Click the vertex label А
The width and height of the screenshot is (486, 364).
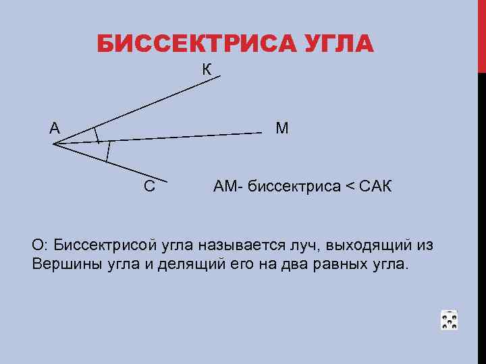click(54, 127)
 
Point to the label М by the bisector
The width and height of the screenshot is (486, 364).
click(281, 128)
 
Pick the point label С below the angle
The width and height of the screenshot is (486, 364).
click(149, 186)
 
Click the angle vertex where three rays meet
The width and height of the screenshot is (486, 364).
click(53, 143)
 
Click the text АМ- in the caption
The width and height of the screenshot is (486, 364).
click(228, 186)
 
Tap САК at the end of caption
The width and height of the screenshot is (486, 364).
click(374, 186)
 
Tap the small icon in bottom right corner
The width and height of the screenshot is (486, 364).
click(449, 320)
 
